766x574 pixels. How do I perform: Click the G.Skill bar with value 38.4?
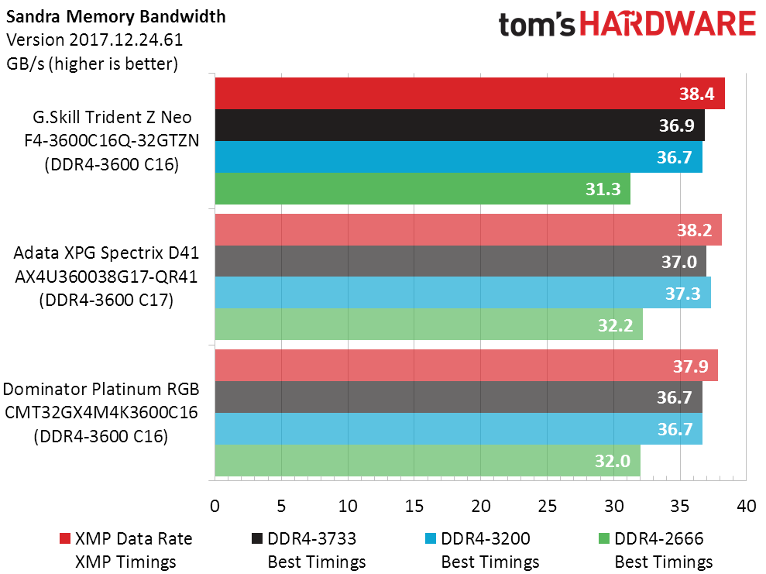(x=465, y=94)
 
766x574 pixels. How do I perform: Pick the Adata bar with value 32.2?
(x=426, y=325)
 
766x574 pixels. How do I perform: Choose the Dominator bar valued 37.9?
(x=465, y=366)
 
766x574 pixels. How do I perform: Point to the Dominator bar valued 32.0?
(x=426, y=461)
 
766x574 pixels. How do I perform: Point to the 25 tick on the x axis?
(x=548, y=506)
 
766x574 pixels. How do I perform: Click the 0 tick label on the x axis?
(x=215, y=506)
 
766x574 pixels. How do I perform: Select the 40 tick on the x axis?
(x=747, y=506)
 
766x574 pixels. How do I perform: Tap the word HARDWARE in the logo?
(x=668, y=26)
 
